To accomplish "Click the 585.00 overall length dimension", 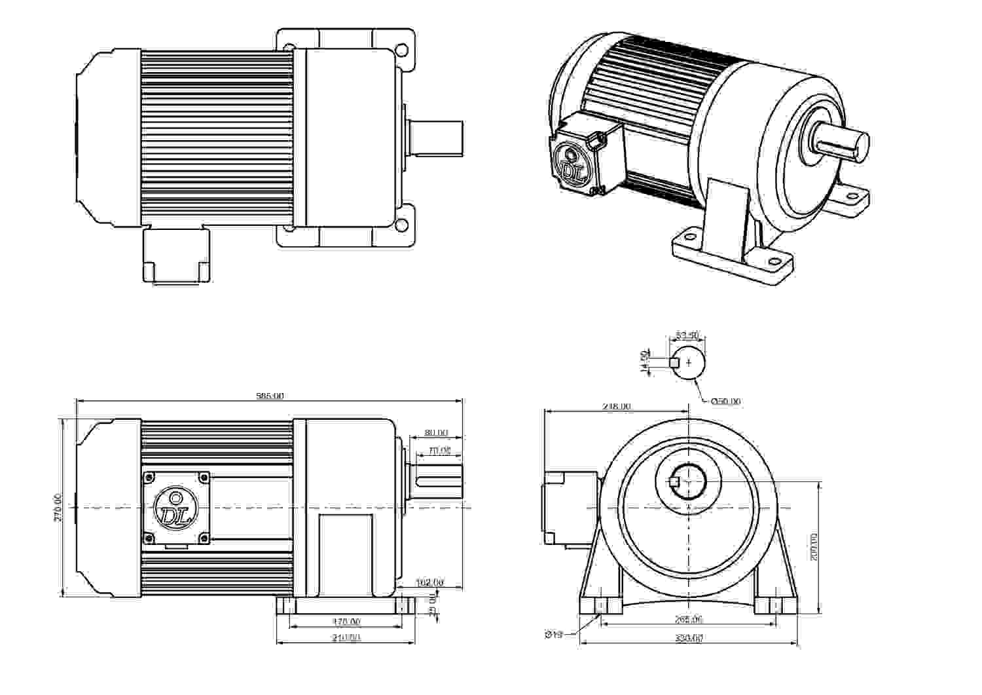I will pos(269,396).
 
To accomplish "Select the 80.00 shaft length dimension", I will pos(436,432).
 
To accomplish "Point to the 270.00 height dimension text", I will pos(58,508).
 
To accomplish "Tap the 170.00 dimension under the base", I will pos(346,621).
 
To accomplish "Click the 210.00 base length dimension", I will pos(346,637).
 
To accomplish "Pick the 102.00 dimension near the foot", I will pos(429,582).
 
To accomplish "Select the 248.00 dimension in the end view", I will pos(616,406).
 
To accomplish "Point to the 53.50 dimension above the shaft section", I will pos(687,335).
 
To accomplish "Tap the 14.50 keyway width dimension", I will pos(645,362).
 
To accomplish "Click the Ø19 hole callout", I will pos(554,634).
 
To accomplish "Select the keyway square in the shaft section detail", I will pos(674,362).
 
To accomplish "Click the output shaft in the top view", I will pos(436,138).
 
